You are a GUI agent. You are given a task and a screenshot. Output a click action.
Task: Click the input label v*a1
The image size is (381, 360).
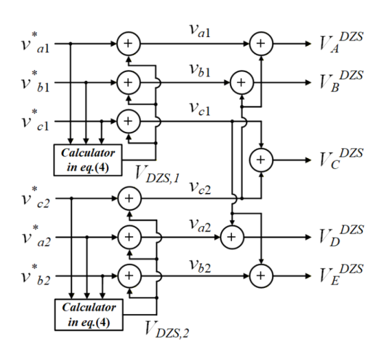click(x=36, y=43)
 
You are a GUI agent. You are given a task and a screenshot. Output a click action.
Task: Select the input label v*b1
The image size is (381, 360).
click(x=36, y=82)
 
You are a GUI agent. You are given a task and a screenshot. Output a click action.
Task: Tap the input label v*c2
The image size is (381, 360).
click(x=36, y=197)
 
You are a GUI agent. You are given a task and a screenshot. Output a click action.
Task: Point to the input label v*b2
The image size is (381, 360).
click(x=36, y=275)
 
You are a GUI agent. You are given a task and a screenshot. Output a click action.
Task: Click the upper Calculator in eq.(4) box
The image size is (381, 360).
click(x=88, y=160)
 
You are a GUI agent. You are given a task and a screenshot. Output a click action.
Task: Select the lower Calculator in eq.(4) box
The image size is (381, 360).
click(x=89, y=315)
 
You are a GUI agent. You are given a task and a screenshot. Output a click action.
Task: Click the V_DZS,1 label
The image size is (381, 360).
click(x=157, y=175)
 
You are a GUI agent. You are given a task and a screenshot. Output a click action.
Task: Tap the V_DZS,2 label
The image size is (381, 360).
click(x=167, y=329)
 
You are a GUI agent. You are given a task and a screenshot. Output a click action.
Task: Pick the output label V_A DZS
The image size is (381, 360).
click(x=341, y=43)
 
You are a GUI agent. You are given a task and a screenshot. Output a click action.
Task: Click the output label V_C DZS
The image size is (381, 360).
click(x=341, y=159)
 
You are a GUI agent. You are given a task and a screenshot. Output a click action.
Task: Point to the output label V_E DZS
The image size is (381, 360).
click(x=341, y=275)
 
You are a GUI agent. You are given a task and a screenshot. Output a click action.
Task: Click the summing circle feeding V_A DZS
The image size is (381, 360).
click(x=262, y=43)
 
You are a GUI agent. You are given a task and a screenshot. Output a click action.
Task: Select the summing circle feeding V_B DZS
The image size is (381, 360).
click(x=242, y=82)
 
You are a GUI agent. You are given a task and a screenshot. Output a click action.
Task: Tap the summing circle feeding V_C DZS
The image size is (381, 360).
click(x=262, y=160)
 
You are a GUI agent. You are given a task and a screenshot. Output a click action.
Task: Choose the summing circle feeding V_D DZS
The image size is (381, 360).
click(x=232, y=237)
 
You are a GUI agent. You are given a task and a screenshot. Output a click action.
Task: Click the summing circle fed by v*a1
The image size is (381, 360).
click(x=128, y=43)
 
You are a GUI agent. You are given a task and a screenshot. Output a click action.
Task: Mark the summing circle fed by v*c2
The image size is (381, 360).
click(x=129, y=199)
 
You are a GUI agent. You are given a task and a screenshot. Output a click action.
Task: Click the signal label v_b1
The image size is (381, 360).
click(x=200, y=71)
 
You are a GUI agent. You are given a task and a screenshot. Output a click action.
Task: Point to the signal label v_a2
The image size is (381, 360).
click(x=200, y=225)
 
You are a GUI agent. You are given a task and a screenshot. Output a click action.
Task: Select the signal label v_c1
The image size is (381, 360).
click(x=200, y=109)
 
